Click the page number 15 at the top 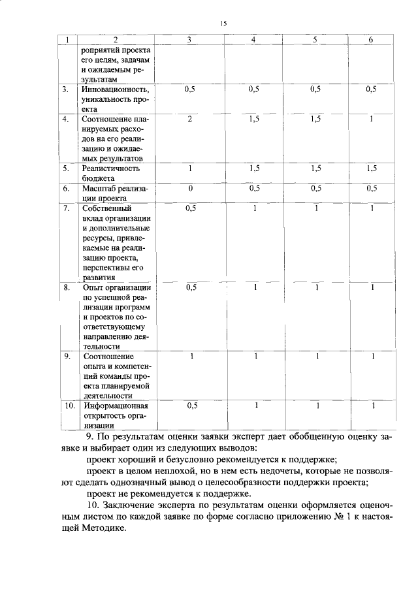pyautogui.click(x=223, y=24)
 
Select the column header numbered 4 pyautogui.click(x=253, y=40)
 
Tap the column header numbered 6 pyautogui.click(x=371, y=40)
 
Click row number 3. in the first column pyautogui.click(x=67, y=89)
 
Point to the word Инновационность pyautogui.click(x=116, y=89)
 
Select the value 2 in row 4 pyautogui.click(x=189, y=119)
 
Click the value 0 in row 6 pyautogui.click(x=189, y=188)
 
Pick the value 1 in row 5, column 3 pyautogui.click(x=189, y=168)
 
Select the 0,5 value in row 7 pyautogui.click(x=191, y=208)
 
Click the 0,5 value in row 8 pyautogui.click(x=191, y=287)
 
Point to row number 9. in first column pyautogui.click(x=67, y=357)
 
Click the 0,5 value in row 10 pyautogui.click(x=191, y=406)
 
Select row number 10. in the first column pyautogui.click(x=69, y=406)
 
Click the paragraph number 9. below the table pyautogui.click(x=91, y=436)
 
